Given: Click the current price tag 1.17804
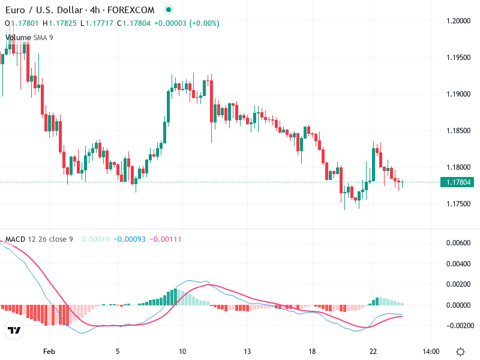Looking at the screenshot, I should point(457,182).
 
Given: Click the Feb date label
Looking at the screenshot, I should point(50,352).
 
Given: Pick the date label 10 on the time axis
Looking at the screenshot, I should point(182,352).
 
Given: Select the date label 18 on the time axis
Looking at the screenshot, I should point(311,352).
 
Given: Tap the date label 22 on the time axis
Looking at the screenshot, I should point(373,352).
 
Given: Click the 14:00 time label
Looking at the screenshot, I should point(431,352).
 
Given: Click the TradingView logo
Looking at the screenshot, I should point(14,331).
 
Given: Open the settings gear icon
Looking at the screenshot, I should point(460,352).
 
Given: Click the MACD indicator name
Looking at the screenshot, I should point(15,239).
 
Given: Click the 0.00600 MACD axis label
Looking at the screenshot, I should point(458,243).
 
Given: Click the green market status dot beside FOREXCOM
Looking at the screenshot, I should point(169,10).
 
